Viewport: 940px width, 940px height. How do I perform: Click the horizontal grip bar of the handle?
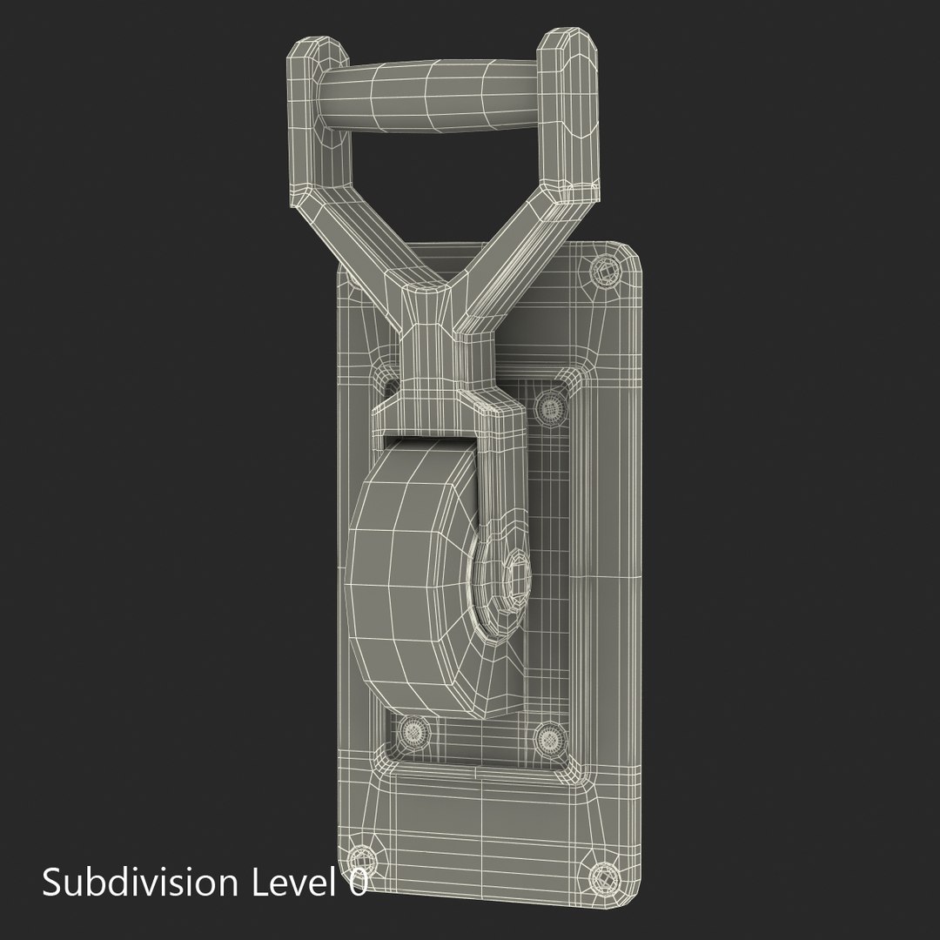point(431,99)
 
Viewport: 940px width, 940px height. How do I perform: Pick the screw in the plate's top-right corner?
point(605,271)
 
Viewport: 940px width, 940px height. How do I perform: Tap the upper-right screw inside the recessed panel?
point(549,405)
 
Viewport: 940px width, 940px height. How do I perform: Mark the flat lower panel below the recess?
point(487,814)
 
